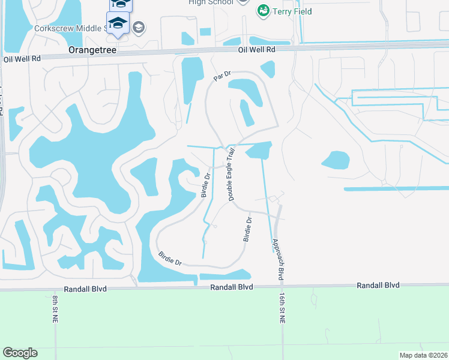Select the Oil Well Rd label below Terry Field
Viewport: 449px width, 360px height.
click(x=256, y=50)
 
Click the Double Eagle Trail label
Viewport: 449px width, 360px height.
click(x=230, y=175)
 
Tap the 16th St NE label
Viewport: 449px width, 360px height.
click(x=281, y=308)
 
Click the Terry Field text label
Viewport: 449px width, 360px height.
click(x=292, y=11)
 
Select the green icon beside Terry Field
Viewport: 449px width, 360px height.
click(x=262, y=11)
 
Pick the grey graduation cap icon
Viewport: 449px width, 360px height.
click(x=139, y=27)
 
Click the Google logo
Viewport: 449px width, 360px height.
click(x=20, y=353)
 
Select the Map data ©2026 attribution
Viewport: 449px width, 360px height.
click(x=423, y=355)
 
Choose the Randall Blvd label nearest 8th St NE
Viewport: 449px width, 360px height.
click(x=88, y=289)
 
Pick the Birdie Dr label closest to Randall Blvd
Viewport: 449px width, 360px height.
click(x=170, y=259)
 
